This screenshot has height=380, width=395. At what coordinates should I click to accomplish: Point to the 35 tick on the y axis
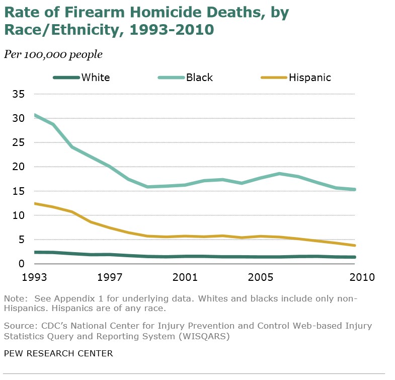(x=19, y=94)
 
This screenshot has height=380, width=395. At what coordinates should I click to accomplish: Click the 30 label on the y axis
(x=19, y=118)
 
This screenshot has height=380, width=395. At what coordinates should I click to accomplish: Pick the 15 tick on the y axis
(x=19, y=191)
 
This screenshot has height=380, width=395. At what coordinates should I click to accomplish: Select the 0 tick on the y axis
(x=22, y=264)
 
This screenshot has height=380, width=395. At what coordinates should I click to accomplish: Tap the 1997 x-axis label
(x=110, y=277)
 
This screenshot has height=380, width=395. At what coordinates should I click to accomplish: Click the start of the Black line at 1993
(x=35, y=115)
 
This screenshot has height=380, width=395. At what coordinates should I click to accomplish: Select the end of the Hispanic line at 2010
(x=355, y=246)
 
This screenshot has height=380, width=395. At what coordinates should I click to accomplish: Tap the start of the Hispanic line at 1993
(x=35, y=203)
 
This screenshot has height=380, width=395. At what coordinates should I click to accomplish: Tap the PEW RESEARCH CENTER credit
(x=58, y=353)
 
